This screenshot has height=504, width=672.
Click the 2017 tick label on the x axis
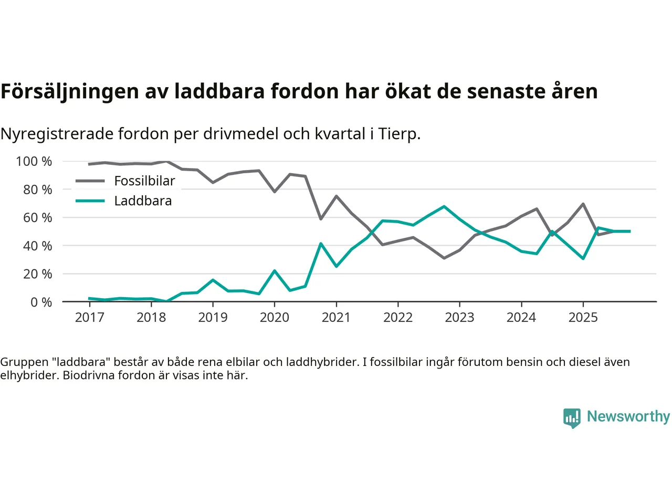tap(89, 318)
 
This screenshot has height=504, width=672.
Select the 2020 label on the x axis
tap(274, 318)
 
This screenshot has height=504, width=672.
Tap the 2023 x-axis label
tap(459, 318)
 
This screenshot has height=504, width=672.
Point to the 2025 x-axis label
tap(583, 318)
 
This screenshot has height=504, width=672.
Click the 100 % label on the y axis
tap(34, 161)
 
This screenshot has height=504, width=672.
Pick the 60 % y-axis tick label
tap(37, 217)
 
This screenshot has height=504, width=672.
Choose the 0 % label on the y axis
tap(41, 302)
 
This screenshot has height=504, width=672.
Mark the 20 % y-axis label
tap(37, 274)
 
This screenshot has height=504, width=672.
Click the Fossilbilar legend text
tap(144, 181)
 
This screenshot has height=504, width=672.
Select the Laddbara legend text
tap(143, 201)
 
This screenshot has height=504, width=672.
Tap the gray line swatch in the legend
tap(90, 181)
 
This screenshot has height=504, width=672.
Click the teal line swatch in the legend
tap(90, 201)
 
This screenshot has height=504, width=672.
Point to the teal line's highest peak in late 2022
tap(444, 206)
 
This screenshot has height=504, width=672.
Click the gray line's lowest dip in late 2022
tap(444, 258)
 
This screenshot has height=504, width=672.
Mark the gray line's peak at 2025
tap(583, 204)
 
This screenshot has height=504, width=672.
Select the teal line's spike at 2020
tap(274, 271)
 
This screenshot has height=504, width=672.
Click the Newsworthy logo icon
tap(572, 418)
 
